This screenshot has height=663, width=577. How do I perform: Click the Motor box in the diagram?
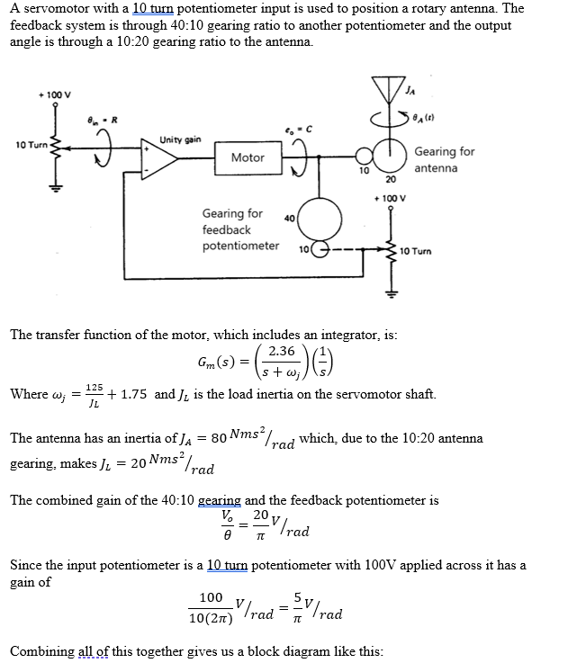pos(248,157)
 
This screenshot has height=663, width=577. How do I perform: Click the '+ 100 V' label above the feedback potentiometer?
pos(390,198)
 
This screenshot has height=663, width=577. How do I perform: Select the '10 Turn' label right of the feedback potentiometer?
pos(415,251)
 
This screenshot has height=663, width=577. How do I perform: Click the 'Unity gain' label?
pos(181,139)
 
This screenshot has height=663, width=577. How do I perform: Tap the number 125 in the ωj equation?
pos(94,386)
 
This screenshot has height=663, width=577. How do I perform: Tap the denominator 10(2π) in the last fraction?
pos(212,620)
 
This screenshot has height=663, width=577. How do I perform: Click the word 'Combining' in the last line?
pos(41,650)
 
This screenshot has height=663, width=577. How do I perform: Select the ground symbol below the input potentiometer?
pos(55,191)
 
